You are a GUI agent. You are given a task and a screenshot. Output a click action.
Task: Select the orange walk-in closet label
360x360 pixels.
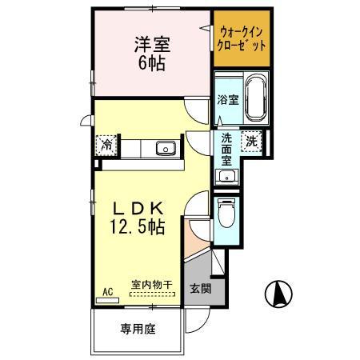(x=242, y=38)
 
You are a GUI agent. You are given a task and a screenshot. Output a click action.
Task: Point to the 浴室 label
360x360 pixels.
(x=227, y=100)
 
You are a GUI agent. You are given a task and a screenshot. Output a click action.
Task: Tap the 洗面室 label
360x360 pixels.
(x=226, y=148)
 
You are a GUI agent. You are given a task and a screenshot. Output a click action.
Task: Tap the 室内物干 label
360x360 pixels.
(x=151, y=284)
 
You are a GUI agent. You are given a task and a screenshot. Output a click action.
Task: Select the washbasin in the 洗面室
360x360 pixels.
(x=224, y=177)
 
